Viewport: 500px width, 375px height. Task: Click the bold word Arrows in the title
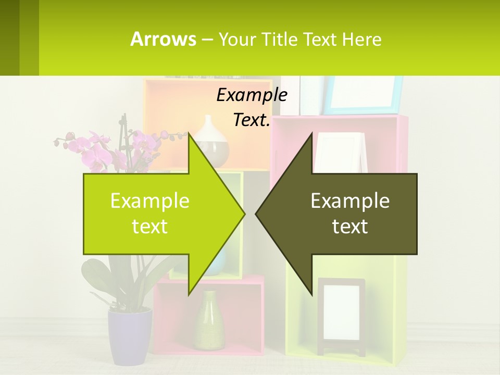coord(163,39)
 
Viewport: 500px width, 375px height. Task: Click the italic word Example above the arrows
coord(252,95)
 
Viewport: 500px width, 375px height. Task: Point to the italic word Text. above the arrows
coord(252,120)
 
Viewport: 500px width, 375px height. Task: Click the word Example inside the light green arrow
coord(150,201)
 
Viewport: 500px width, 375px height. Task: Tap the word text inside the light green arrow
coord(150,227)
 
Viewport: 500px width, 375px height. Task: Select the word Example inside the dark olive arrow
coord(350,201)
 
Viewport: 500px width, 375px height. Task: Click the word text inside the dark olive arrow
coord(350,227)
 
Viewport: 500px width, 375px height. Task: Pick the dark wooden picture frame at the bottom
coord(341,315)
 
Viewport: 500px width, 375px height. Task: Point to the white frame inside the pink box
coord(339,151)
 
